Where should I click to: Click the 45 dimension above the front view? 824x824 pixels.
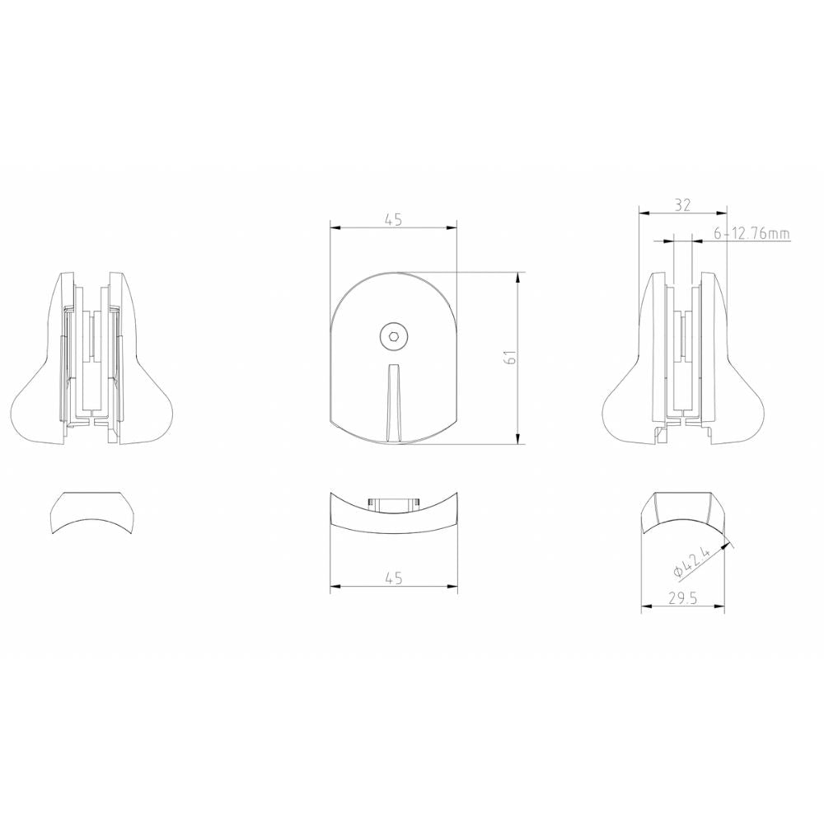tap(393, 219)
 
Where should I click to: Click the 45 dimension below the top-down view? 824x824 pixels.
tap(393, 578)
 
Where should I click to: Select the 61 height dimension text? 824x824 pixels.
tap(510, 358)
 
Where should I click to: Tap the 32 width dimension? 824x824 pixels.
tap(682, 205)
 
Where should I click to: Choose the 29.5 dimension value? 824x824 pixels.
tap(683, 599)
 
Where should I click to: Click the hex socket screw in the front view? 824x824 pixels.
tap(393, 335)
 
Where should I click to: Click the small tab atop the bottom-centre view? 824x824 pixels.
tap(393, 502)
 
